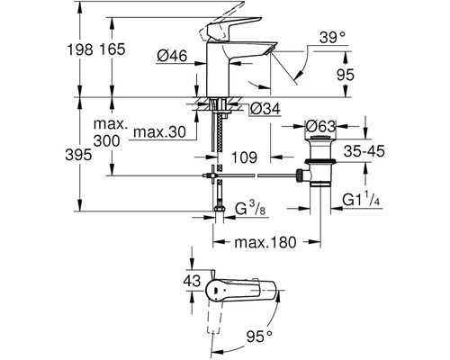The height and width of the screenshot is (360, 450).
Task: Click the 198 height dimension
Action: click(x=79, y=49)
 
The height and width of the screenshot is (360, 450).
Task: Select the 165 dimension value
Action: click(x=112, y=49)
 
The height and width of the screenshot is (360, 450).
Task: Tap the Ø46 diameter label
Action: click(x=172, y=56)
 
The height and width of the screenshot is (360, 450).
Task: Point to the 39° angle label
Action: click(x=332, y=38)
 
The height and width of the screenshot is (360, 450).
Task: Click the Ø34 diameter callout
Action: click(x=265, y=109)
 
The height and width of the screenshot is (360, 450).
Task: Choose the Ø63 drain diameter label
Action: click(x=320, y=127)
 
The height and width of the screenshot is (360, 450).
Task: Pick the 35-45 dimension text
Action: click(x=364, y=151)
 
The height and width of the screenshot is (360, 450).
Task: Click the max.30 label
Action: click(x=159, y=132)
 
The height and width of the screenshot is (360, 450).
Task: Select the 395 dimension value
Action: click(x=78, y=155)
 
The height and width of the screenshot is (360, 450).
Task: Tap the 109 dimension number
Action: click(x=244, y=157)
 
